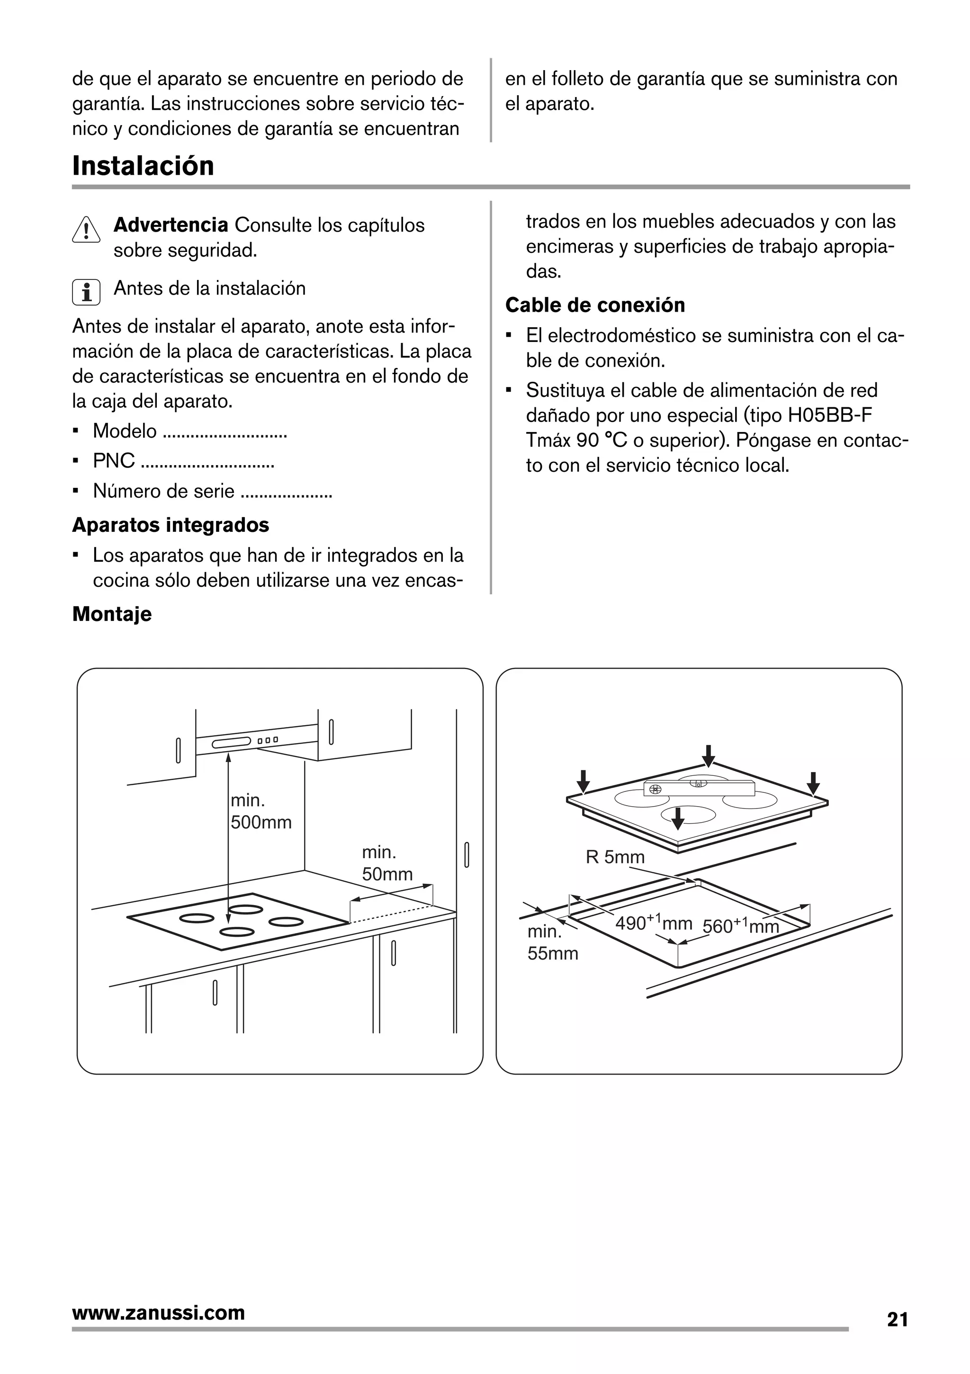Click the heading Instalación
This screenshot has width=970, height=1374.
pos(143,166)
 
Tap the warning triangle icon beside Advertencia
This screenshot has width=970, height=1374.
pos(86,229)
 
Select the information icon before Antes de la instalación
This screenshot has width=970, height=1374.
pos(86,292)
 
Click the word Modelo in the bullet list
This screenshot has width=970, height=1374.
pos(125,431)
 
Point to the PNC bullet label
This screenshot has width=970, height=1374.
pos(114,461)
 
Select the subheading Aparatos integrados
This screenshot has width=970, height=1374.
pos(171,525)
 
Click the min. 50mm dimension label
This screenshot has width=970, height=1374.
pos(386,863)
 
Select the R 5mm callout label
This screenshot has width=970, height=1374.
pos(615,857)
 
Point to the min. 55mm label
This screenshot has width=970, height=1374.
pos(551,943)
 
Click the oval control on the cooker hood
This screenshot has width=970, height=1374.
pos(231,743)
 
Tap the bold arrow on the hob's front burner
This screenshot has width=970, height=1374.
pos(677,818)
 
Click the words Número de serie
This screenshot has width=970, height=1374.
pos(163,491)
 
